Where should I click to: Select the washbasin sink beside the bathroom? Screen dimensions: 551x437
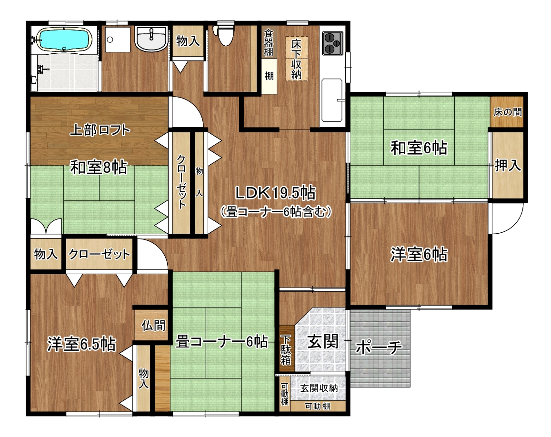(x=151, y=39)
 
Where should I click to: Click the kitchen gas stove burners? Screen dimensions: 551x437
(x=332, y=43)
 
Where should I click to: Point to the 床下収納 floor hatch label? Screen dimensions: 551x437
(x=296, y=59)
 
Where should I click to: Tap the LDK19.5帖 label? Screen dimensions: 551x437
(x=275, y=193)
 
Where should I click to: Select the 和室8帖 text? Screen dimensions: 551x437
(x=99, y=167)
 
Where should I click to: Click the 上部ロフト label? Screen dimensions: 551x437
(x=100, y=130)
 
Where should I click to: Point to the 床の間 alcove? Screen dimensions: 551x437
(x=508, y=112)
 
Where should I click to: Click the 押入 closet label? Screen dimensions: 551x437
(x=508, y=165)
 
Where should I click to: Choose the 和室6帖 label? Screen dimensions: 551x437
(x=419, y=148)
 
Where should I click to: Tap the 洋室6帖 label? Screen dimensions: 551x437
(x=419, y=254)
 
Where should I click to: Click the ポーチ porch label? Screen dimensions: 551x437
(x=379, y=348)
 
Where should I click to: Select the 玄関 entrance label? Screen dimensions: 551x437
(x=323, y=341)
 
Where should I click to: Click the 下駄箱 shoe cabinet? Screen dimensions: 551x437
(x=286, y=349)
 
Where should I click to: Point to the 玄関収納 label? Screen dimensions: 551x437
(x=319, y=388)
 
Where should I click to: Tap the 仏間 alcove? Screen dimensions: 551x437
(x=153, y=325)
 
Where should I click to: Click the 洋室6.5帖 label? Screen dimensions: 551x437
(x=81, y=344)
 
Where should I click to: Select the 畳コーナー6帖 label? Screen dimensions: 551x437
(x=222, y=341)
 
